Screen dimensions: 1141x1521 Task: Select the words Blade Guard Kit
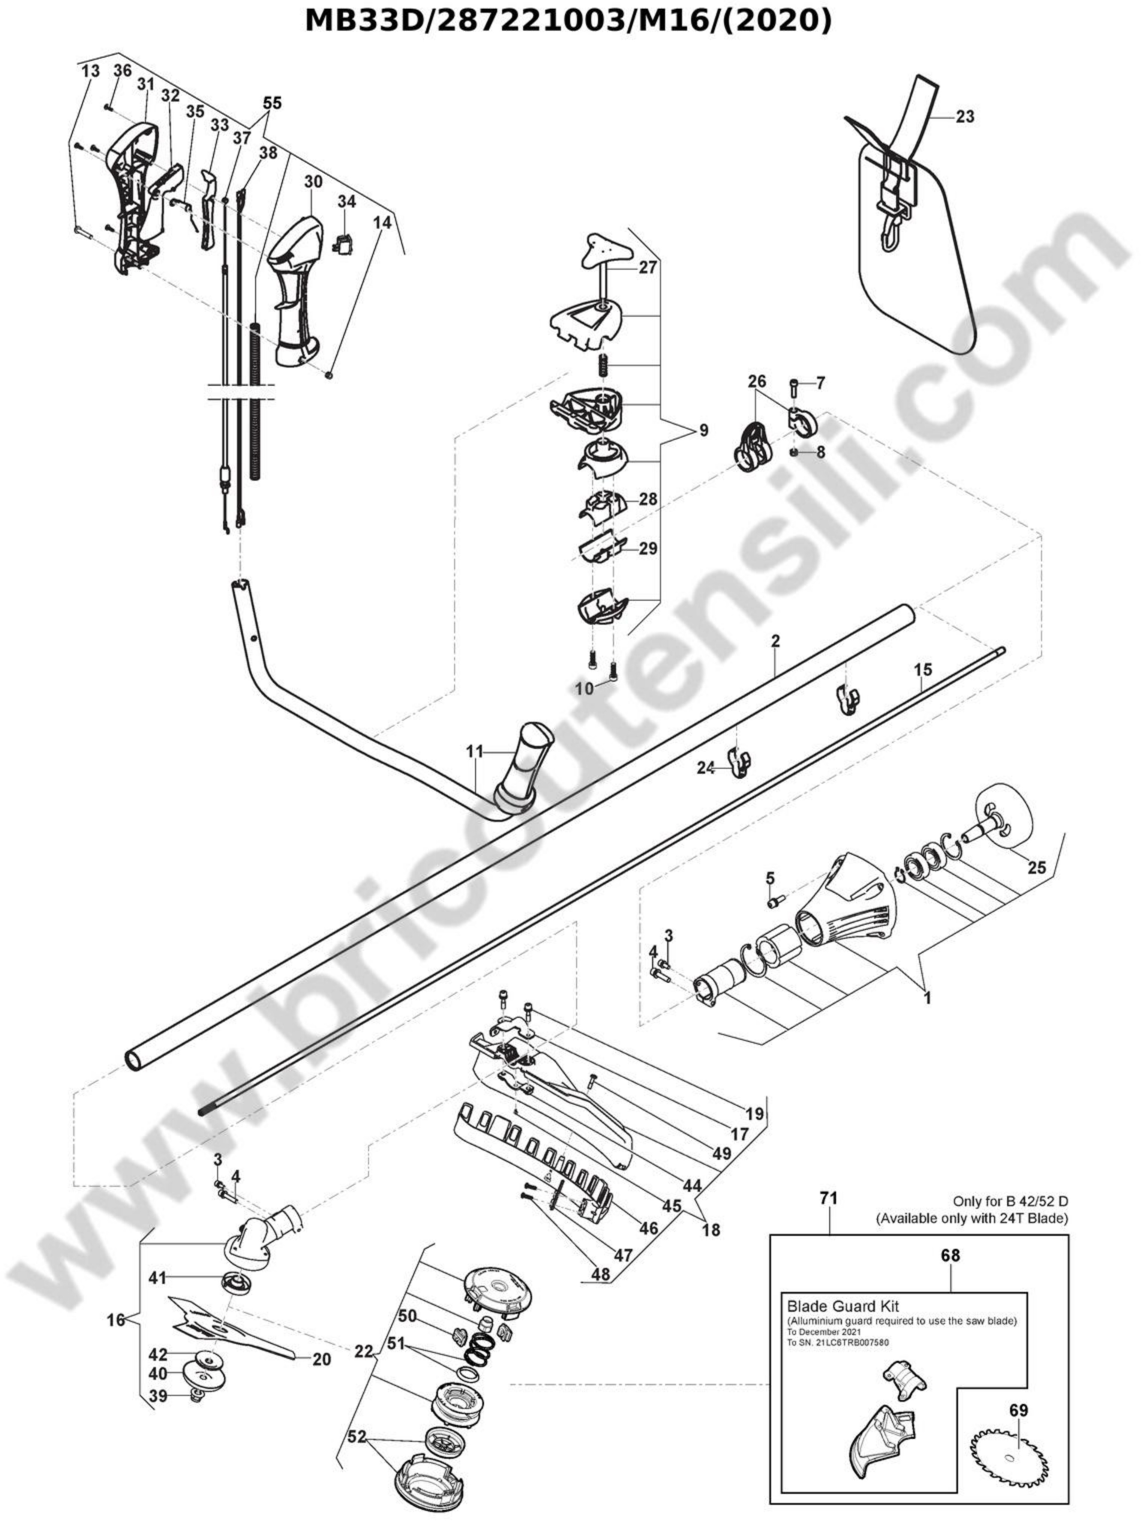click(843, 1306)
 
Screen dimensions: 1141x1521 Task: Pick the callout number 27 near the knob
click(648, 267)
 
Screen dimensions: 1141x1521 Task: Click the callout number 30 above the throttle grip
click(313, 181)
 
